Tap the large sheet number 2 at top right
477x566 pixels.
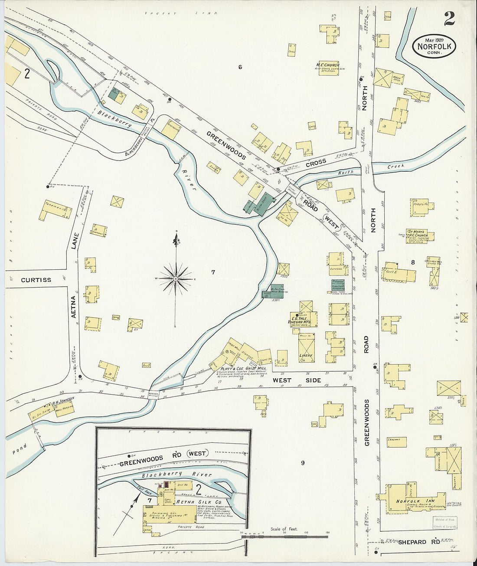coord(449,19)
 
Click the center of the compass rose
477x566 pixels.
coord(176,278)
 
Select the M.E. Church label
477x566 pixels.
coord(327,65)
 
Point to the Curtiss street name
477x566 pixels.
coord(36,280)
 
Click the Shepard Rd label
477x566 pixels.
coord(412,542)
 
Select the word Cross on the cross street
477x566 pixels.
coord(316,164)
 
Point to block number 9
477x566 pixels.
coord(303,463)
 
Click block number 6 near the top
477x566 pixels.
coord(240,67)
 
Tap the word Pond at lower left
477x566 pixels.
coord(20,449)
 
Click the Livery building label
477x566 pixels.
coord(305,356)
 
